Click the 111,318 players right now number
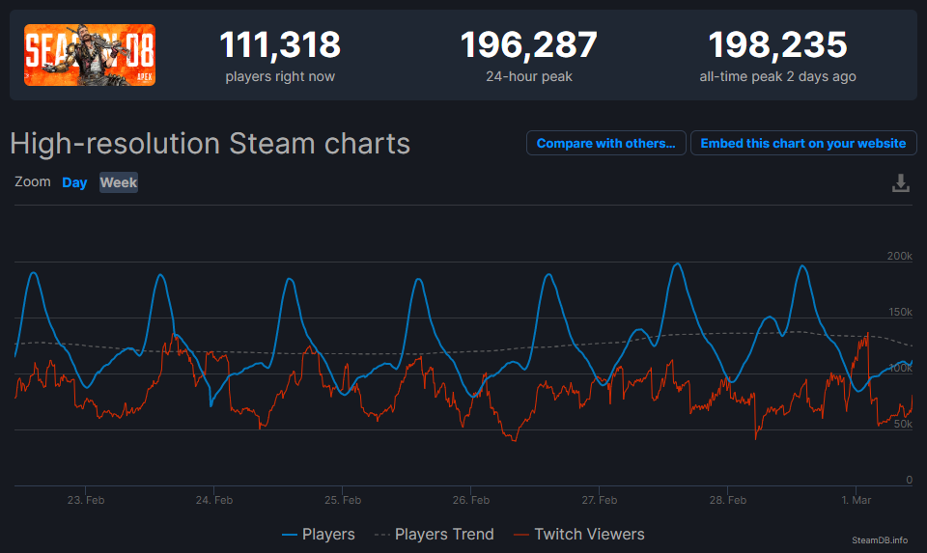coord(280,45)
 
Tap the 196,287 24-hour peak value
coord(528,45)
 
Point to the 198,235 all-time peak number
coord(777,45)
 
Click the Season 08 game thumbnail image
coord(90,55)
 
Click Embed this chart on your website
coord(803,143)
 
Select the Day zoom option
coord(74,182)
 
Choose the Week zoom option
coord(119,182)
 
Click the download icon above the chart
coord(900,182)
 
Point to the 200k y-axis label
coord(898,256)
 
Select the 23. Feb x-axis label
coord(86,500)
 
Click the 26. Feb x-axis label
coord(471,500)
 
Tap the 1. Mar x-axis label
coord(856,500)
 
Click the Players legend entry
coord(319,534)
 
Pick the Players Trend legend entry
coord(434,534)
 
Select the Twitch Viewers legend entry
coord(578,534)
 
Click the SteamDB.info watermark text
coord(880,539)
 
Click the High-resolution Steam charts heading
coord(210,144)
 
